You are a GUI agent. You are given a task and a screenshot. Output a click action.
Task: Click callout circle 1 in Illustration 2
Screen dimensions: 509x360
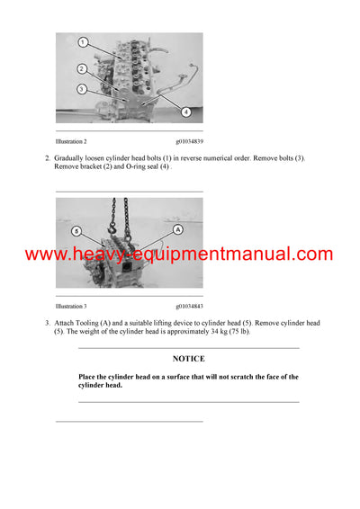point(82,42)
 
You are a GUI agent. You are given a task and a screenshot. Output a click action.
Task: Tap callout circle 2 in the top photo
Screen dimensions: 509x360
point(82,68)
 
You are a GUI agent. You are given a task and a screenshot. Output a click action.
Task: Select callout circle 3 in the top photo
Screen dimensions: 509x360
point(82,88)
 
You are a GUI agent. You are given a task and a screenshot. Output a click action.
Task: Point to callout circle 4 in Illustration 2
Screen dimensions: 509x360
point(185,112)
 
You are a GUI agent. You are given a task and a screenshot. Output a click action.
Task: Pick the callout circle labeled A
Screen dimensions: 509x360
point(178,229)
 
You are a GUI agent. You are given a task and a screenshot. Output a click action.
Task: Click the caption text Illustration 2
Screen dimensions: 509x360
point(71,141)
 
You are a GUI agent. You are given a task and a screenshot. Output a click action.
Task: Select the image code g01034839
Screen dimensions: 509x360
point(189,141)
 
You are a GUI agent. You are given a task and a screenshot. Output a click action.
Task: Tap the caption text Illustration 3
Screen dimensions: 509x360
point(71,306)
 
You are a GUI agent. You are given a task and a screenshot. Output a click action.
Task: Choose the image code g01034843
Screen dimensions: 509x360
point(189,306)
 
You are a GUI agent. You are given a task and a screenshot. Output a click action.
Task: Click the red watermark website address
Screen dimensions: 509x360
point(179,254)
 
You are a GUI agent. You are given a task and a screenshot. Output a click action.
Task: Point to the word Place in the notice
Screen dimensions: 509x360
point(88,377)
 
